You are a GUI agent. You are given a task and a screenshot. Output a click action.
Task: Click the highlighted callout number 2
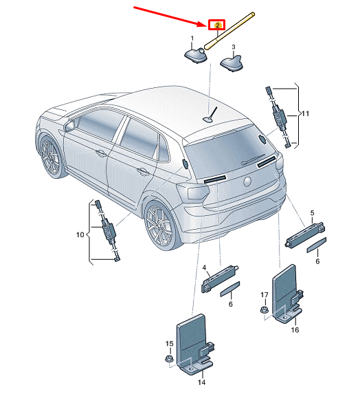pyautogui.click(x=217, y=25)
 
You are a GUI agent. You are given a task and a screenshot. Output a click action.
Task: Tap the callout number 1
pyautogui.click(x=192, y=39)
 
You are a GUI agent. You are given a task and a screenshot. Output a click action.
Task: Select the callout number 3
pyautogui.click(x=234, y=47)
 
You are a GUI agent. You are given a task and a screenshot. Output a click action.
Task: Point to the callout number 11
pyautogui.click(x=305, y=114)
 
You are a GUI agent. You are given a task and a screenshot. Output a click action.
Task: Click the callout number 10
pyautogui.click(x=80, y=234)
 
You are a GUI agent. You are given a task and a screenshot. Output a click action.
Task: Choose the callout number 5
pyautogui.click(x=312, y=213)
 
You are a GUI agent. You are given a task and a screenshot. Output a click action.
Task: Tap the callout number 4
pyautogui.click(x=204, y=267)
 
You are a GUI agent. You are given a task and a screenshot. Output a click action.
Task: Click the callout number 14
pyautogui.click(x=201, y=382)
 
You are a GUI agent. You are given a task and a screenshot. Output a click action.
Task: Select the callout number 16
pyautogui.click(x=295, y=329)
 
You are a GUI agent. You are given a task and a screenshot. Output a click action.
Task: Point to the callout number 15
pyautogui.click(x=170, y=344)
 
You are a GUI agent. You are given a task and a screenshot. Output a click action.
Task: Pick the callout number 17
pyautogui.click(x=265, y=294)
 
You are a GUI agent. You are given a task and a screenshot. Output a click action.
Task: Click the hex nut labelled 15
pyautogui.click(x=168, y=358)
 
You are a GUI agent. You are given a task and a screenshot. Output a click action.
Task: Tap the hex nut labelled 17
pyautogui.click(x=264, y=309)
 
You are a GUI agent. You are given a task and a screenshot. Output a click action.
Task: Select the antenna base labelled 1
pyautogui.click(x=196, y=55)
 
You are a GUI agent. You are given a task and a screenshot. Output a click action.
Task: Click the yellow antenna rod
pyautogui.click(x=229, y=31)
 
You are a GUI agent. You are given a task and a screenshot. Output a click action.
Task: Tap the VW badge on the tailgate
pyautogui.click(x=247, y=182)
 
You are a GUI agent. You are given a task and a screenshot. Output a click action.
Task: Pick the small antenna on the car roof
pyautogui.click(x=211, y=116)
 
